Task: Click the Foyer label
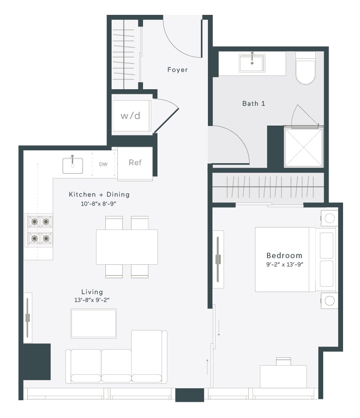click(177, 69)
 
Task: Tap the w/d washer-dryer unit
click(131, 116)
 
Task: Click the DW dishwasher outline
click(103, 164)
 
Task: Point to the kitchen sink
click(72, 166)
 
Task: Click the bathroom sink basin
click(252, 63)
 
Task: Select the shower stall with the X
click(303, 147)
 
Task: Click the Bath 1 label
click(254, 103)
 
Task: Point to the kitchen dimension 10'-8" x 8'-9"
click(99, 204)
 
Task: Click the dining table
click(127, 247)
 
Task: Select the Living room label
click(92, 292)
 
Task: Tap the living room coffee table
click(93, 324)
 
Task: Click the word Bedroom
click(284, 256)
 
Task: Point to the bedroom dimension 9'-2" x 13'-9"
click(285, 264)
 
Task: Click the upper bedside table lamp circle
click(329, 218)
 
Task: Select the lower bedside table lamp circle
click(329, 301)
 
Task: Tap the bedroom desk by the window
click(283, 376)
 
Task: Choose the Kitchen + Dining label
click(99, 195)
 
